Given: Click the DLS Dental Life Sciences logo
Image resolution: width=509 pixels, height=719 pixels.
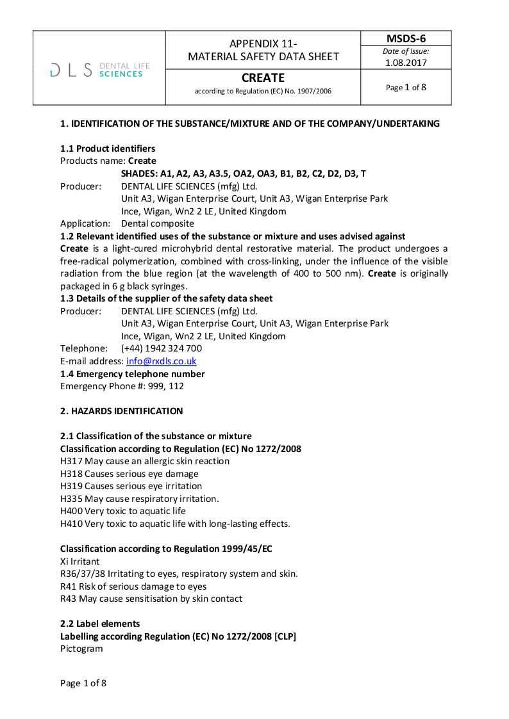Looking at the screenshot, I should click(99, 69).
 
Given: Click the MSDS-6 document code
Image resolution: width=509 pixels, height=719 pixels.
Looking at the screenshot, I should click(406, 38).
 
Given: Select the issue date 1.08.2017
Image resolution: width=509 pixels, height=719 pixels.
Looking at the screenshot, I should click(406, 63).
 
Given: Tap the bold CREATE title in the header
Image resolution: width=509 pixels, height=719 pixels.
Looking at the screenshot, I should click(263, 78).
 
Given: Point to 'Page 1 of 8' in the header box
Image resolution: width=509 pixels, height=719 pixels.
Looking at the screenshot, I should click(406, 87).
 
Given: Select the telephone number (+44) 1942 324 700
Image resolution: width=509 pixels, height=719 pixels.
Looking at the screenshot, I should click(162, 348).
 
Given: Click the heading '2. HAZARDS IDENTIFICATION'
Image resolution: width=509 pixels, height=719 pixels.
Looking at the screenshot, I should click(121, 411).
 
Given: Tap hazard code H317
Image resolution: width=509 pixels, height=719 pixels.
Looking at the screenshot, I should click(71, 461).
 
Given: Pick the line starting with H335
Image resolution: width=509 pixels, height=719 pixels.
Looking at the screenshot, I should click(139, 499).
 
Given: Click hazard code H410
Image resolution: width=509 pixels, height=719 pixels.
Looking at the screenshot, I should click(71, 524).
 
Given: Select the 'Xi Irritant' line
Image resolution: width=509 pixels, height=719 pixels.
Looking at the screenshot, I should click(80, 561).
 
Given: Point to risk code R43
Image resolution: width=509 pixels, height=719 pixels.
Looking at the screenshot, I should click(69, 599).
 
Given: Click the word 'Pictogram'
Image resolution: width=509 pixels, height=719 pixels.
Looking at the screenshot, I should click(81, 649).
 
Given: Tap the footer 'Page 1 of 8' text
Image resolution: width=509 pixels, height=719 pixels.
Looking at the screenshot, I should click(83, 683).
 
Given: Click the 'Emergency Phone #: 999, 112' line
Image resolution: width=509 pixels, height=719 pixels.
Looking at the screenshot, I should click(122, 386).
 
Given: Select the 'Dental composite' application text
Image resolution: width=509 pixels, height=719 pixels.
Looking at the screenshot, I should click(158, 223).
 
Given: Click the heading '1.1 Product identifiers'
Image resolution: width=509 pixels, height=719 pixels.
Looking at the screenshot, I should click(107, 149).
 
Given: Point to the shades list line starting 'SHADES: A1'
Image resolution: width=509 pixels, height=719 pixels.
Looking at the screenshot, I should click(244, 174).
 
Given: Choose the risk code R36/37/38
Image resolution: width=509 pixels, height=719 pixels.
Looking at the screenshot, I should click(83, 574).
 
